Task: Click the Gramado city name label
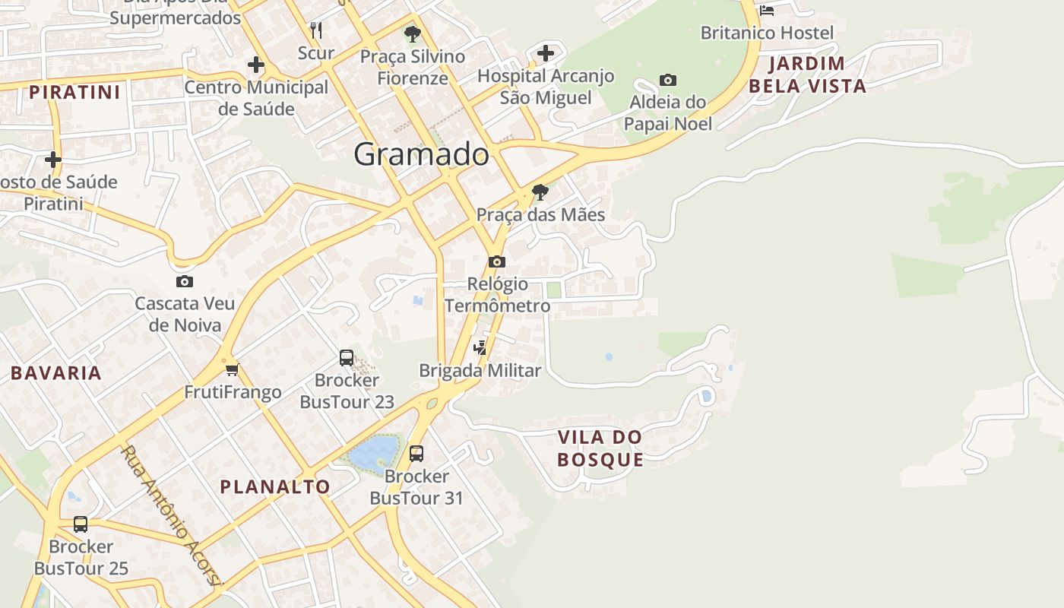coord(421,154)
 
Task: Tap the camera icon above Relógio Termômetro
coord(497,262)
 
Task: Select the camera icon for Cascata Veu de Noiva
coord(184,282)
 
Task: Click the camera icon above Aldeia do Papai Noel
coord(667,81)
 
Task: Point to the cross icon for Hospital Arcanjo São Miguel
coord(545,53)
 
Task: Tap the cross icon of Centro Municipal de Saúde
coord(255,65)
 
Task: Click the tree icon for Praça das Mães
coord(540,192)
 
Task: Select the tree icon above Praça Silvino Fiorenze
coord(413,33)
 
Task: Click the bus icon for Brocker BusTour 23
coord(347,357)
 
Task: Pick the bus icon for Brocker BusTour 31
coord(416,454)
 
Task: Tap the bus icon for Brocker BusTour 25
coord(81,524)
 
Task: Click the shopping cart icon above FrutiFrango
coord(232,370)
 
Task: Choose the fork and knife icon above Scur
coord(316,30)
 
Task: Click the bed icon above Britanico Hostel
coord(767,10)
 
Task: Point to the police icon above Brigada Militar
coord(480,348)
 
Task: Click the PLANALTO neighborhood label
coord(275,487)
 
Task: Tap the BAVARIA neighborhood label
coord(56,373)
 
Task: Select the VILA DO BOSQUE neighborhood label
coord(600,448)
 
